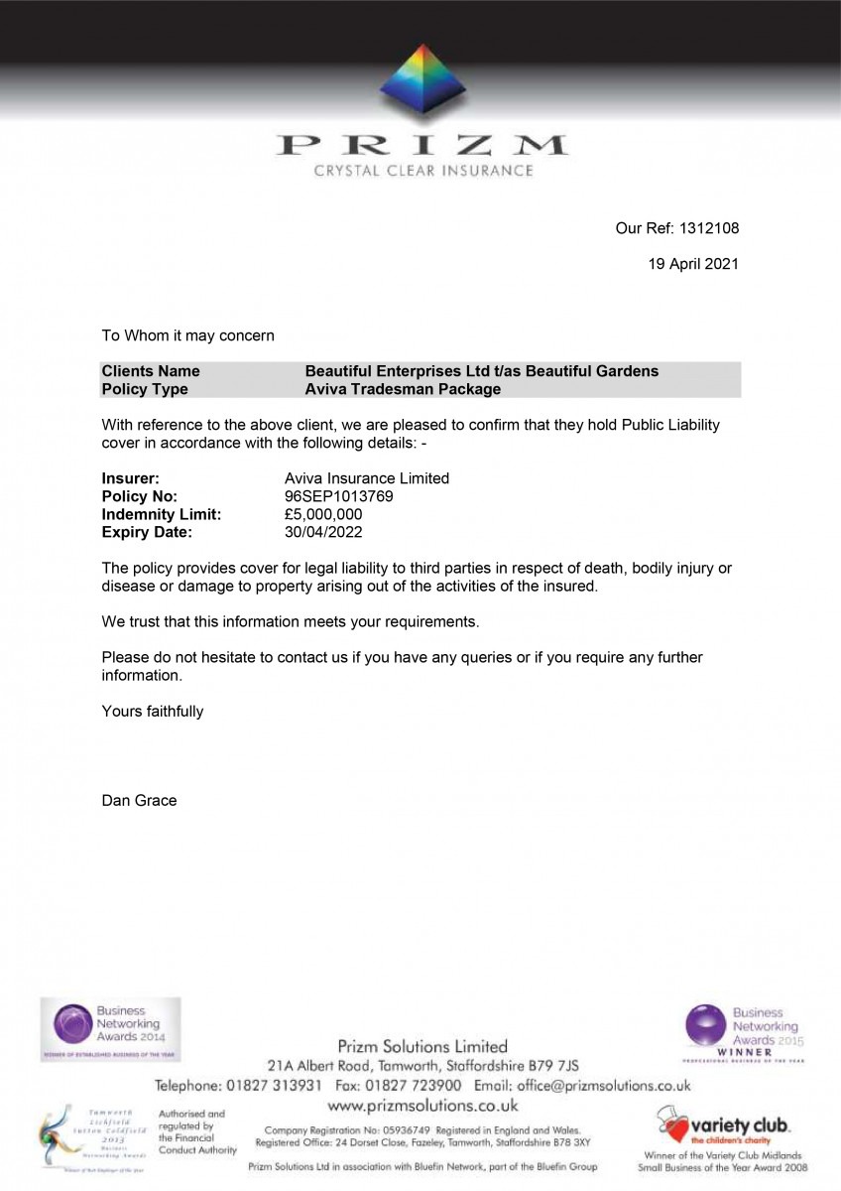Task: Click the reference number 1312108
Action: (x=708, y=228)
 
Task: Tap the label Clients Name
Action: (x=151, y=371)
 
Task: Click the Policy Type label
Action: (x=145, y=389)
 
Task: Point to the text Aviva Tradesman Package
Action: (x=403, y=389)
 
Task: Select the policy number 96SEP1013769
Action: (x=339, y=496)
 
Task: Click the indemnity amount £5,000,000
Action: (x=323, y=514)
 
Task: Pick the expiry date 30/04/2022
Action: (x=323, y=532)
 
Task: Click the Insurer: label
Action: (x=131, y=478)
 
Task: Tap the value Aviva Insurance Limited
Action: (x=367, y=478)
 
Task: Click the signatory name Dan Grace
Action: (x=139, y=800)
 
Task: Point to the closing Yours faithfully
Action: (x=153, y=711)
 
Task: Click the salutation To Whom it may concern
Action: (x=188, y=335)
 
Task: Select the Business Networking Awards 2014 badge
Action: (x=110, y=1029)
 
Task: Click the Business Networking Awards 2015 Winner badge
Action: (x=745, y=1032)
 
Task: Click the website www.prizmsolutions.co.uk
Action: (x=422, y=1105)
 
